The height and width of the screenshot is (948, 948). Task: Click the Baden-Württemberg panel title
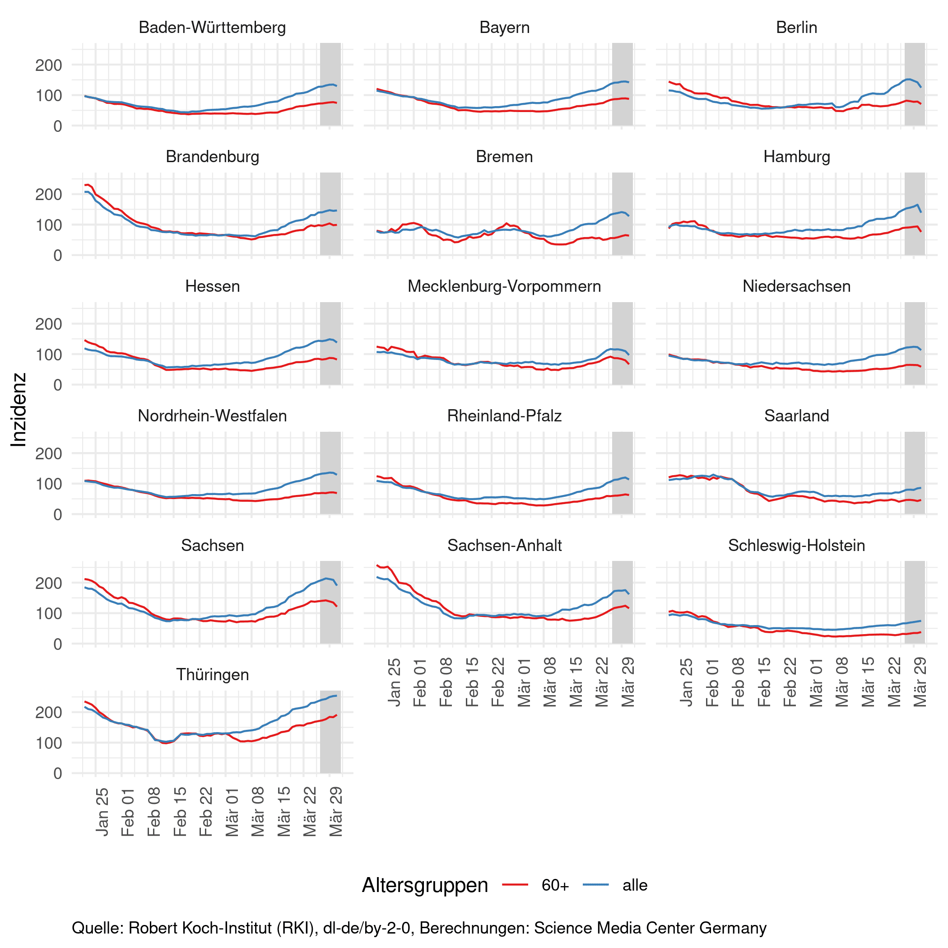point(212,28)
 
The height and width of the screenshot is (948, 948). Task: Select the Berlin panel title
point(796,28)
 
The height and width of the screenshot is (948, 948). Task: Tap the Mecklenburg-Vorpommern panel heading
point(504,286)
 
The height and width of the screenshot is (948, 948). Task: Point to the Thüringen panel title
point(212,675)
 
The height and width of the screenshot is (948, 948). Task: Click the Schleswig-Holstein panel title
point(796,546)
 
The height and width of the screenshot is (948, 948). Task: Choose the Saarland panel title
point(796,416)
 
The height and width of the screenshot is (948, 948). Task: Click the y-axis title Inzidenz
point(19,410)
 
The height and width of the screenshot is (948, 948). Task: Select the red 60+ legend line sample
point(515,885)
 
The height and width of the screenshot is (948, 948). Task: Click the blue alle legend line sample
point(596,885)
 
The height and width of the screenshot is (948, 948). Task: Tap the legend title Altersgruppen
point(425,886)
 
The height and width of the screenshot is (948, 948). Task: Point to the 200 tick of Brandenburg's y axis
point(49,194)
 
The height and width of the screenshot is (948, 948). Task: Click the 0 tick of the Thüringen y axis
point(57,773)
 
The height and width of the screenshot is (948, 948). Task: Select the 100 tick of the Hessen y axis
point(49,355)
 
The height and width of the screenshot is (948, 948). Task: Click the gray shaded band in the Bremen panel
point(622,214)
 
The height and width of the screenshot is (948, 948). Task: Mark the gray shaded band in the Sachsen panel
point(330,602)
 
